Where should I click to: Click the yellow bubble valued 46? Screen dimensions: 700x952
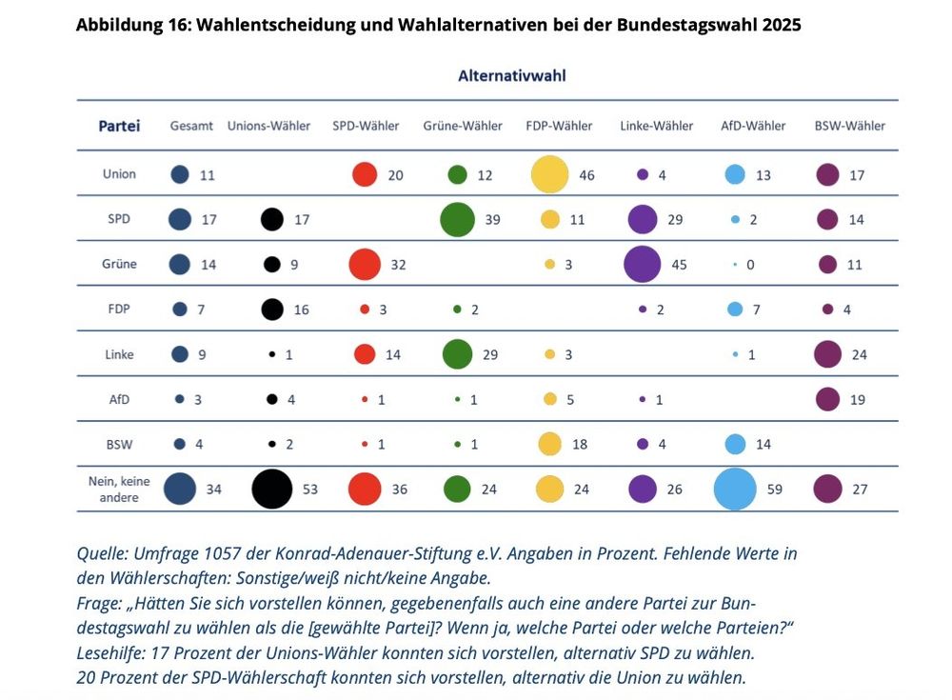pyautogui.click(x=549, y=174)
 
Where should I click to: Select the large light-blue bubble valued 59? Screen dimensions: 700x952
pyautogui.click(x=735, y=490)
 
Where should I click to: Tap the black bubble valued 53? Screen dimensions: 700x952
pyautogui.click(x=272, y=490)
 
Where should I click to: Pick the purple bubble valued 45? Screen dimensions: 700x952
pyautogui.click(x=643, y=264)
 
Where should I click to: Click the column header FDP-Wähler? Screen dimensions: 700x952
pyautogui.click(x=559, y=126)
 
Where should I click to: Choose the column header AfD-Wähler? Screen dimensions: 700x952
pyautogui.click(x=753, y=126)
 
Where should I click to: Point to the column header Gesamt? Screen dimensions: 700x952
pyautogui.click(x=191, y=126)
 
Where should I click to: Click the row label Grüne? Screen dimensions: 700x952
pyautogui.click(x=120, y=264)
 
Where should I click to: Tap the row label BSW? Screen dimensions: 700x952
pyautogui.click(x=120, y=444)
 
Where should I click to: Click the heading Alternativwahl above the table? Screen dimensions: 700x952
pyautogui.click(x=512, y=75)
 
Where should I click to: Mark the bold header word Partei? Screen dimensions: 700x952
pyautogui.click(x=120, y=126)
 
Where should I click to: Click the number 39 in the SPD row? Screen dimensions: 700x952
pyautogui.click(x=493, y=219)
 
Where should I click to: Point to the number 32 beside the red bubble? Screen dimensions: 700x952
pyautogui.click(x=398, y=265)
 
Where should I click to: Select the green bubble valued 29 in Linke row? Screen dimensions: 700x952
pyautogui.click(x=458, y=354)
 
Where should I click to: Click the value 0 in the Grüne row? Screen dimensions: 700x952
pyautogui.click(x=750, y=265)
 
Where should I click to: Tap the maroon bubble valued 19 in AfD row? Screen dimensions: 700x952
pyautogui.click(x=827, y=399)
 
